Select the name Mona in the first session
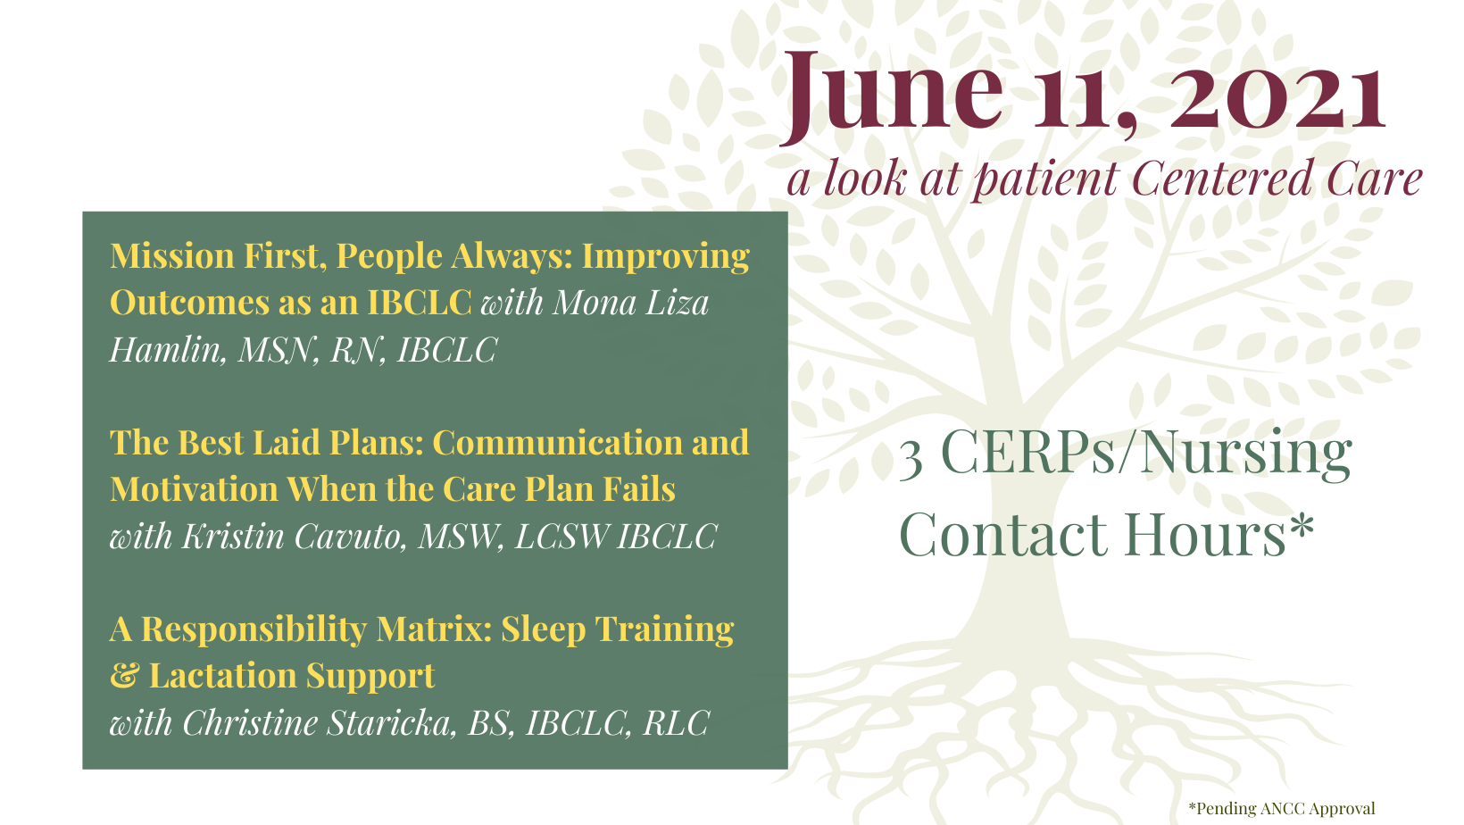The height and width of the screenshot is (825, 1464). pyautogui.click(x=595, y=303)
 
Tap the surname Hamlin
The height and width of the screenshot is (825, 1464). pyautogui.click(x=168, y=349)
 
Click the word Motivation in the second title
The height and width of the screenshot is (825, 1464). pyautogui.click(x=194, y=489)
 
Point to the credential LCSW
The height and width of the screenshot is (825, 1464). pyautogui.click(x=561, y=537)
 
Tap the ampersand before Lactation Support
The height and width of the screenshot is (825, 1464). pyautogui.click(x=124, y=676)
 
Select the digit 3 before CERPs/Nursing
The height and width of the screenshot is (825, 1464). pyautogui.click(x=911, y=459)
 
